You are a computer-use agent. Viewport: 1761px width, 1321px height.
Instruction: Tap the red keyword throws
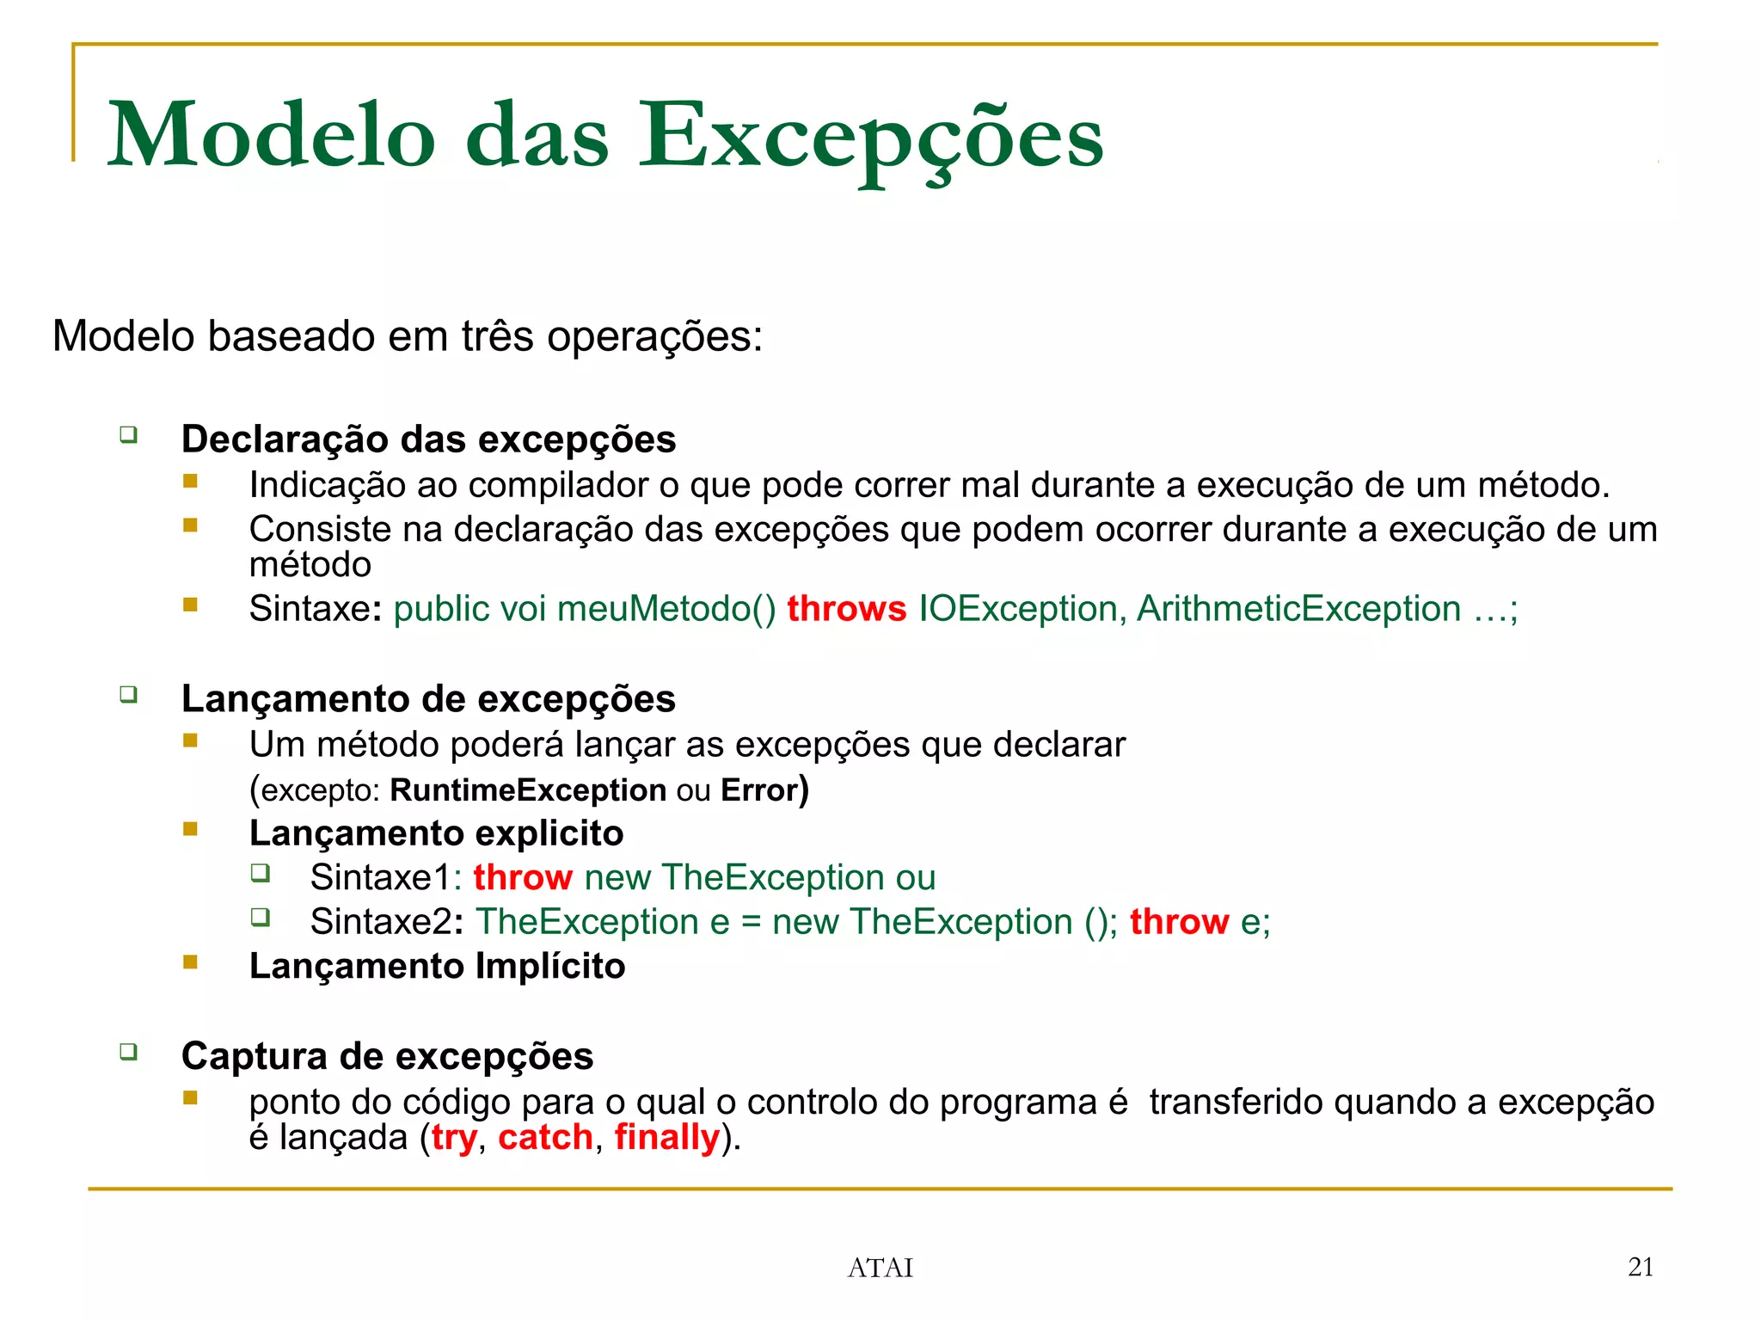coord(846,609)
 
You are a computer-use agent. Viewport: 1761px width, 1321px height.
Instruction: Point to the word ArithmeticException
coord(1298,609)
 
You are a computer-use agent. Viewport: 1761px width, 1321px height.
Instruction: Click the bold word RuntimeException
coord(528,790)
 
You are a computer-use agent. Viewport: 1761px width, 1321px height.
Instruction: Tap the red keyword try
coord(454,1138)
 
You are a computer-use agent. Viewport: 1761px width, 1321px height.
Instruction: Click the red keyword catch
coord(546,1138)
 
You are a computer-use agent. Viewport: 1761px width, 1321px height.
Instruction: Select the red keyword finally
coord(667,1138)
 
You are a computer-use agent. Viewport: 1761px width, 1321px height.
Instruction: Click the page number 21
coord(1641,1267)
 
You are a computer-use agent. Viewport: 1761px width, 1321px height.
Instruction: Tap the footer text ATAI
coord(880,1268)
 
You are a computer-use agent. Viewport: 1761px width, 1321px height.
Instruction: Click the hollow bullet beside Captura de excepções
coord(129,1051)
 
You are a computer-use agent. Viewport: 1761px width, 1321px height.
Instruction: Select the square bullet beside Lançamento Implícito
coord(191,962)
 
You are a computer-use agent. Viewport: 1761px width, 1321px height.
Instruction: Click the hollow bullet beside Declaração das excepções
coord(129,434)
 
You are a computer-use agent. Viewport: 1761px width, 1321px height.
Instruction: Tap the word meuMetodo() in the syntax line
coord(666,609)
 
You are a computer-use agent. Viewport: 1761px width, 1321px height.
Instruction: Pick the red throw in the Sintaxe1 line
coord(523,878)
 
